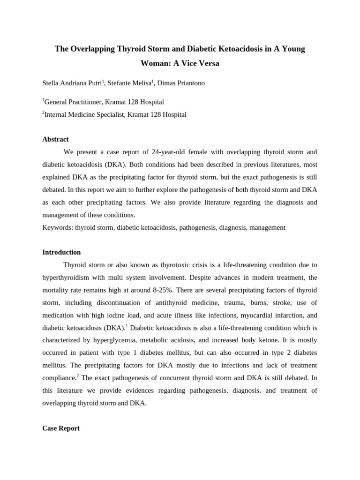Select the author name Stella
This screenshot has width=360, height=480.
pos(51,83)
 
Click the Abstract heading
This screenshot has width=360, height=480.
pos(55,139)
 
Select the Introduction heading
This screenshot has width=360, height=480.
pos(61,252)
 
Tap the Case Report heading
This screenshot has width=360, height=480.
pos(61,428)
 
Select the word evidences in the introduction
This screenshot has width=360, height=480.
pos(140,390)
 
